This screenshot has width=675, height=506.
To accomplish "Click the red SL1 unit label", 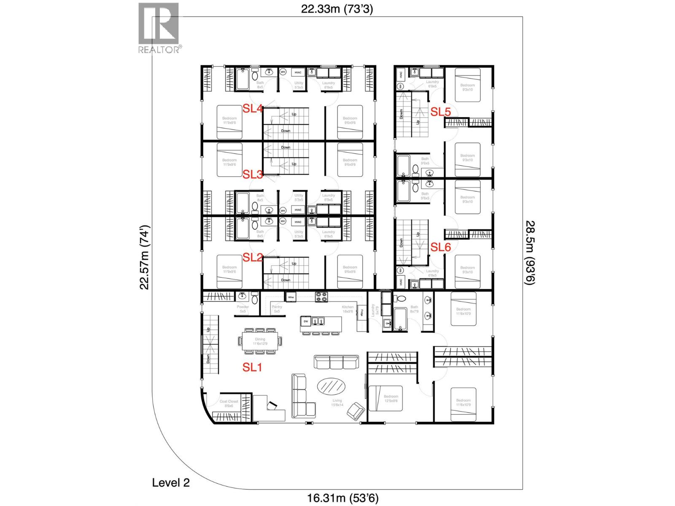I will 252,367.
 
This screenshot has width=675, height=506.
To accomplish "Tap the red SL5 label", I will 440,112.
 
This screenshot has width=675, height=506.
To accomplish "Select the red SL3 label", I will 253,174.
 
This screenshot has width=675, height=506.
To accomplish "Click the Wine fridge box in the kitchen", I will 291,297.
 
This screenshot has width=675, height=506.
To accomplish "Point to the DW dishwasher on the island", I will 306,322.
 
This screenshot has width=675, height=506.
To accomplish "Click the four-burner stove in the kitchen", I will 321,297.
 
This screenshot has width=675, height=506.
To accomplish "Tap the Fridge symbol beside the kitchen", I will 362,312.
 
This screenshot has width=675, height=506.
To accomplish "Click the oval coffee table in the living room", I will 330,386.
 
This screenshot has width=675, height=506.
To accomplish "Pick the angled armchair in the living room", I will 358,412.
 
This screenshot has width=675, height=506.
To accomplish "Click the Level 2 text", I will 171,483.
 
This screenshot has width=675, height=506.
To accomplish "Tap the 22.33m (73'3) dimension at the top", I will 337,9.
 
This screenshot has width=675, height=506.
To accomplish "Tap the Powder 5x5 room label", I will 243,309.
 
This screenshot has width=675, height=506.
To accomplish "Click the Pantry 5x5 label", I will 277,309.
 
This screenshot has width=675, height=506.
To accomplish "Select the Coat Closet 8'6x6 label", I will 229,404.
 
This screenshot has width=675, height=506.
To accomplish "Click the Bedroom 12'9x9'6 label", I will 391,398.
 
